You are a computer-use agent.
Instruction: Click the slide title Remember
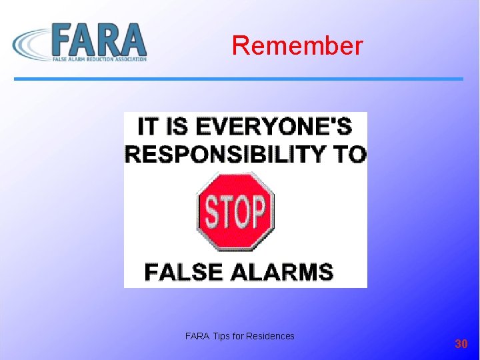click(297, 46)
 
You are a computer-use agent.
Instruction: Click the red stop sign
click(235, 211)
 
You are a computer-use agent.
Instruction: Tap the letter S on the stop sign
click(211, 211)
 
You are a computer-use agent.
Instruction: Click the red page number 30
click(461, 344)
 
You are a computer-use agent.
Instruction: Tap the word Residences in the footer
click(270, 336)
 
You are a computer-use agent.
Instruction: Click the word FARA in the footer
click(197, 336)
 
